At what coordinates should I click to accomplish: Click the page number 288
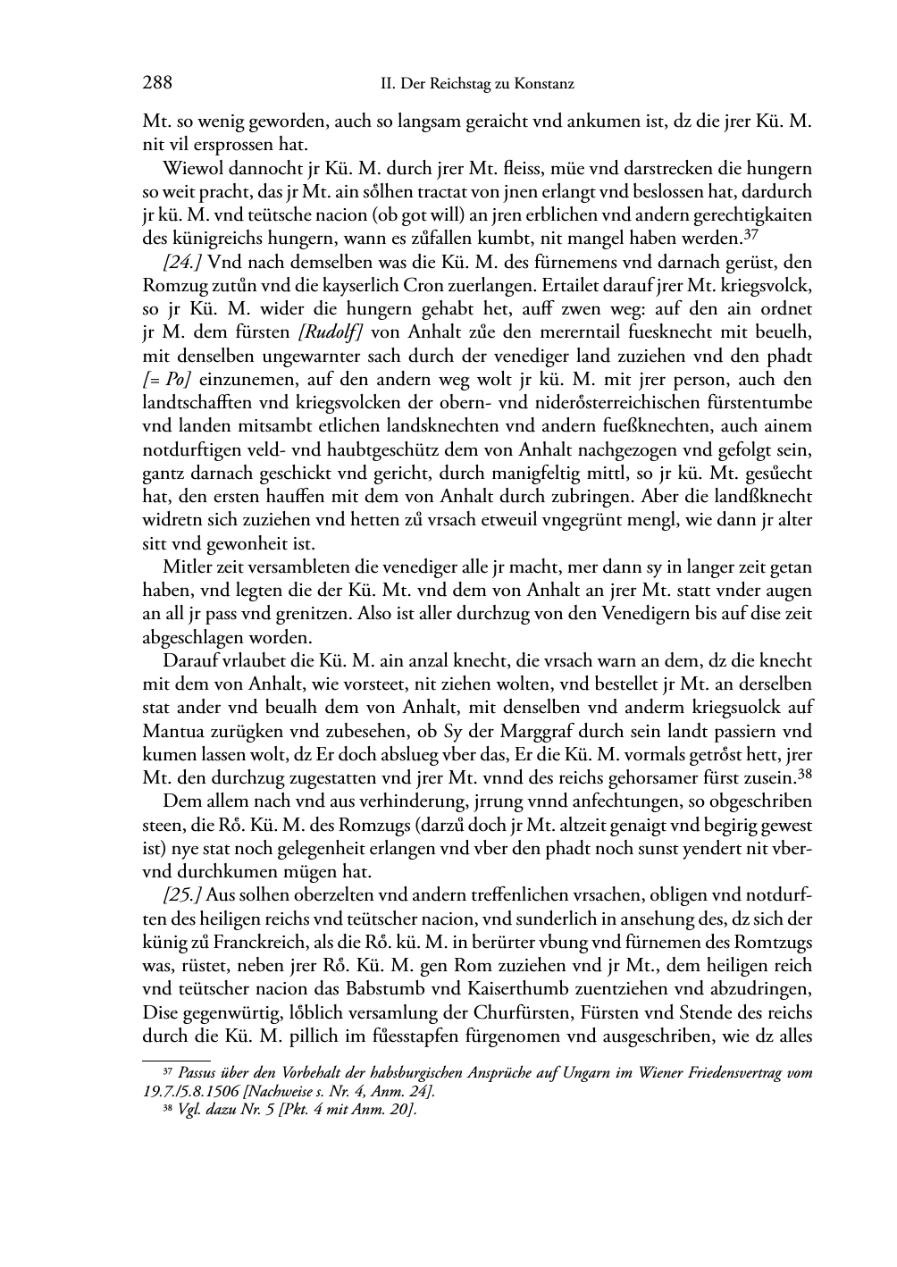tap(157, 84)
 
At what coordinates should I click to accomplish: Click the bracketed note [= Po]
tap(165, 380)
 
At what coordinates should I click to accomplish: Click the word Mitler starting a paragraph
tap(186, 567)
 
